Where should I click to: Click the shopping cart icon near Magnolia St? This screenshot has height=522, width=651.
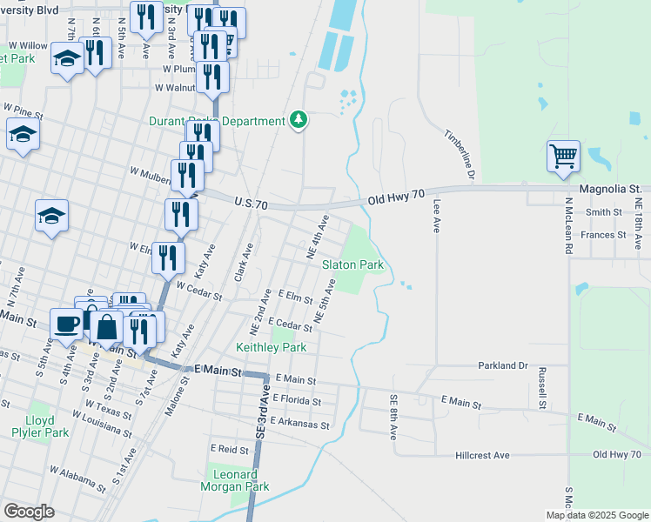coord(563,157)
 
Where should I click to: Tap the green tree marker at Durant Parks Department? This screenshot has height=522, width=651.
coord(299,120)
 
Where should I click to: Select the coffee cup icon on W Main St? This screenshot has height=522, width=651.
coord(66,324)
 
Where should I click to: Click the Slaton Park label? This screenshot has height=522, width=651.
coord(352,264)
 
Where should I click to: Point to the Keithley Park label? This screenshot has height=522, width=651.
coord(272,347)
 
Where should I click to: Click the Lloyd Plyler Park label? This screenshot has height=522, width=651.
coord(45,425)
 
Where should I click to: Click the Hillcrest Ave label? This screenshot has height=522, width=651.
coord(482,455)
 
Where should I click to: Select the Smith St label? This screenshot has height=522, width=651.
coord(604,211)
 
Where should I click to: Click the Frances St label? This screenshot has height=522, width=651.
coord(603,235)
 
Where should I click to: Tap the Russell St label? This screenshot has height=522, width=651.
coord(541,388)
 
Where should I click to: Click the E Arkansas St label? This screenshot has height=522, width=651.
coord(300,424)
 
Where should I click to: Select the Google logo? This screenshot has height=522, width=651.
coord(29,512)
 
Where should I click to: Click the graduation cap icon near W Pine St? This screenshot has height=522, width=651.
coord(23,134)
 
